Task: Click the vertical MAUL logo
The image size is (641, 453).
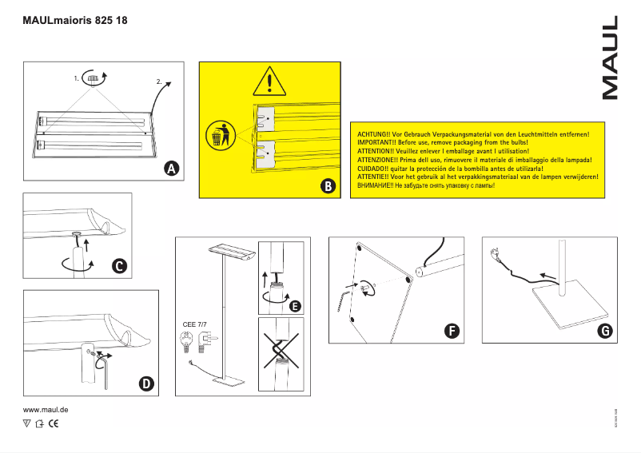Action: [x=610, y=58]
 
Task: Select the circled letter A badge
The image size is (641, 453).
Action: [x=171, y=169]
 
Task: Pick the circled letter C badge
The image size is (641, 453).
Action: [x=117, y=266]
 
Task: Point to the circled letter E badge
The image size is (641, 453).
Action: [x=294, y=306]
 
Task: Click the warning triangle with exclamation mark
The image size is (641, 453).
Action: [x=271, y=83]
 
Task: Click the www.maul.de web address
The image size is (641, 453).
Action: [x=45, y=410]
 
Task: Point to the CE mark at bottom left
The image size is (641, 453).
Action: [x=54, y=423]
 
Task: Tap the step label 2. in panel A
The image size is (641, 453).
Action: [x=159, y=82]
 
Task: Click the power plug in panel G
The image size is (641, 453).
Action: [x=496, y=256]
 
